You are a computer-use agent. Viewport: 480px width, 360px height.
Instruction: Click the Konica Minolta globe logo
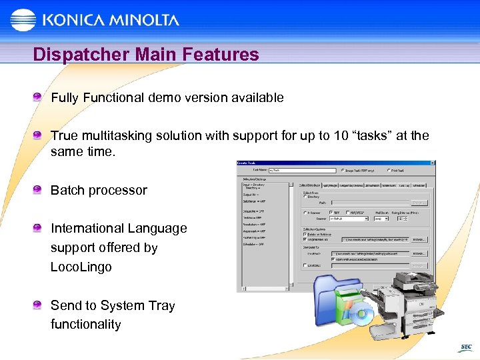[x=23, y=20]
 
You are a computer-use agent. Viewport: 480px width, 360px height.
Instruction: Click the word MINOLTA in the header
[x=142, y=20]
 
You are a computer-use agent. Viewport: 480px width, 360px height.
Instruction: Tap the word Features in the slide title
[x=222, y=55]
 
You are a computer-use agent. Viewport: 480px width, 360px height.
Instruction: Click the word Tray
[x=161, y=305]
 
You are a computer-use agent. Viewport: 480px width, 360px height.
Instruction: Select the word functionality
[x=86, y=325]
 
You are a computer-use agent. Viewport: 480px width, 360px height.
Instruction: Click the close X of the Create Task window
[x=432, y=163]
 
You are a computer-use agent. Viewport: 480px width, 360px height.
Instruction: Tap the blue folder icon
[x=337, y=293]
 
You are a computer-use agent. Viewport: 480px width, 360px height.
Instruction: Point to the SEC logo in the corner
[x=465, y=347]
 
